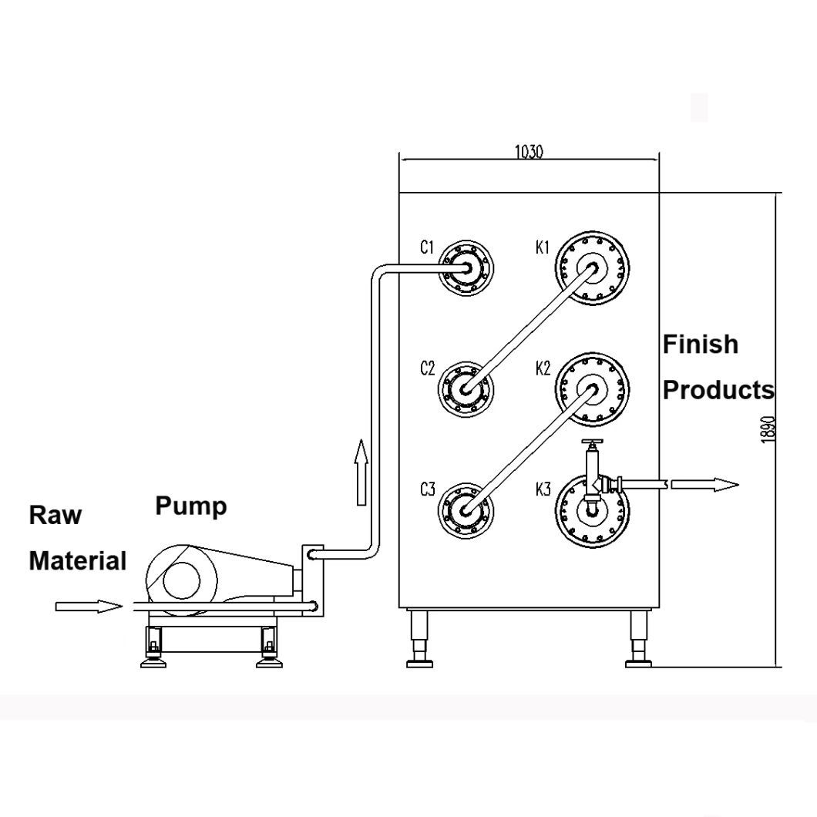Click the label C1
coord(427,247)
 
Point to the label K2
coord(543,368)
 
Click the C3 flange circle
coord(466,509)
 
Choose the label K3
coord(543,489)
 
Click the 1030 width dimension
coord(529,152)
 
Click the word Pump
coord(191,506)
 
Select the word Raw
coord(55,515)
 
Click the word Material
coord(77,560)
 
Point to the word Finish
coord(700,344)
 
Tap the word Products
coord(718,390)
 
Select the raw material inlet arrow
coord(89,607)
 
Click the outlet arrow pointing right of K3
coord(704,484)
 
